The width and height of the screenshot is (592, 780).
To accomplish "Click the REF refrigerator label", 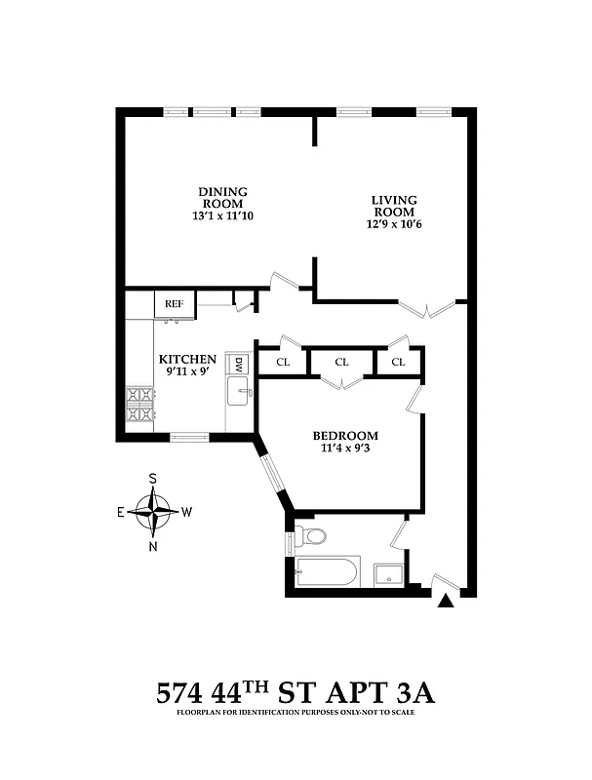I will point(174,303).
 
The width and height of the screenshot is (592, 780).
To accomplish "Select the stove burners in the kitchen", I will point(139,405).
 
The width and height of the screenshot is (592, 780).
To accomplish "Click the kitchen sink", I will point(240,395).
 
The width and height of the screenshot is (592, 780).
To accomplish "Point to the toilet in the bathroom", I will point(312,536).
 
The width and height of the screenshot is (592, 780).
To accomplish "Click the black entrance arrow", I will point(446,602).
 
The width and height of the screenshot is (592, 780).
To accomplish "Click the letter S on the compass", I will point(153,479).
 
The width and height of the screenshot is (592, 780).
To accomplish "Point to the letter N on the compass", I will point(153,545).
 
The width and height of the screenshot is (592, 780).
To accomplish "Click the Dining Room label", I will point(222,197).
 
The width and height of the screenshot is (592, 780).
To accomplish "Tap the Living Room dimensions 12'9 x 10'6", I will point(393,224).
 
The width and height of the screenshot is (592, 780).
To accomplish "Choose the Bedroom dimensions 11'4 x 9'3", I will point(345,448).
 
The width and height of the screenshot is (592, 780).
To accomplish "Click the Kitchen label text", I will point(187,360).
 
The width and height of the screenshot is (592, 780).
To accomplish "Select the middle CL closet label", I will point(341,362).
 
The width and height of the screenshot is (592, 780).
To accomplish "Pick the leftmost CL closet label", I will point(283,362).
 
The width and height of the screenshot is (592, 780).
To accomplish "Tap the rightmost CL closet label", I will point(398,362).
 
